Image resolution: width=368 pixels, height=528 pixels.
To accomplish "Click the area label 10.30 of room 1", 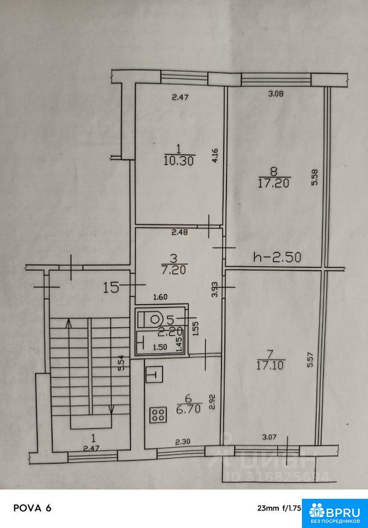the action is (x=179, y=161).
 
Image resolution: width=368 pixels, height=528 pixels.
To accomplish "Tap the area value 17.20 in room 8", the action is (x=274, y=183).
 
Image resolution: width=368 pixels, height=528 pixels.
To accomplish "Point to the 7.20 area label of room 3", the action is (x=174, y=269).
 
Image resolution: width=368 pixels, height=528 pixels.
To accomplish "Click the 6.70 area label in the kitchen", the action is (x=188, y=409).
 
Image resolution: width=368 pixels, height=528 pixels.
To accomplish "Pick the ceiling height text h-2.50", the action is (x=277, y=257).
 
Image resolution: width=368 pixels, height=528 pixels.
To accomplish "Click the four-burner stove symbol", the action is (x=158, y=415).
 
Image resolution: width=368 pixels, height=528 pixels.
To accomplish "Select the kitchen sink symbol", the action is (x=155, y=375).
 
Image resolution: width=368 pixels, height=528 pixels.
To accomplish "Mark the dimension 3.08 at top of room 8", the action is (x=275, y=94).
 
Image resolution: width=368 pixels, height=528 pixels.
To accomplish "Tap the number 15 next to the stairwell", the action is (x=111, y=288).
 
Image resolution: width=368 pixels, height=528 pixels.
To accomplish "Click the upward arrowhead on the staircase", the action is (x=69, y=323).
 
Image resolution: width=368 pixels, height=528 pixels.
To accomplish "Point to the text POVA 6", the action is (x=33, y=508).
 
